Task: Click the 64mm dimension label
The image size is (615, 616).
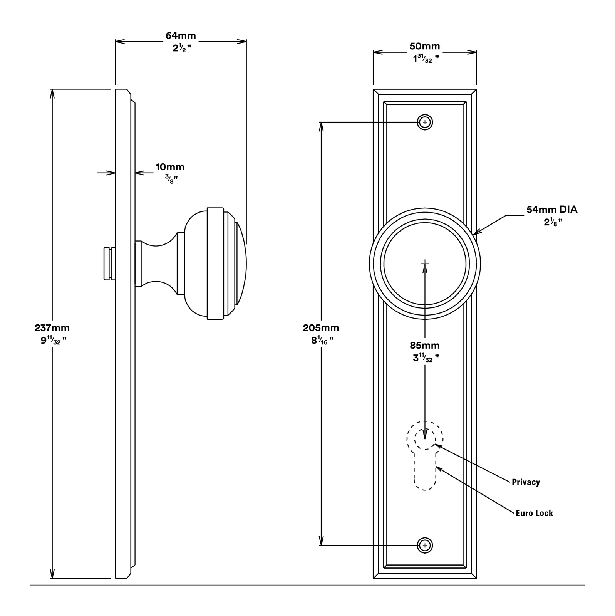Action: (181, 35)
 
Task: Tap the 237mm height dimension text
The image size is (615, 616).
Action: (52, 328)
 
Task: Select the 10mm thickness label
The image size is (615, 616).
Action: (170, 167)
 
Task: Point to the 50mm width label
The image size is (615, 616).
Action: (424, 46)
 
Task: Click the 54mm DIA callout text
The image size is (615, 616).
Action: (552, 210)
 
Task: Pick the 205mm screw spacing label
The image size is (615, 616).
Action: (321, 328)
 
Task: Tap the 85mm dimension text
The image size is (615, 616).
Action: (424, 345)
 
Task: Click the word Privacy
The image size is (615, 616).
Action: (526, 482)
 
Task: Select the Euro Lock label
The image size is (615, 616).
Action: (534, 513)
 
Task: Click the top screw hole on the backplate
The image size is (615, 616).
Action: (425, 123)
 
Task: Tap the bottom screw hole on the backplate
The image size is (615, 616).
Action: (425, 546)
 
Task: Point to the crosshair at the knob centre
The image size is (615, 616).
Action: (425, 264)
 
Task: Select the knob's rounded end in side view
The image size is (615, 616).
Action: (241, 264)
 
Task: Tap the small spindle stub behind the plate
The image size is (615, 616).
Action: (109, 264)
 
